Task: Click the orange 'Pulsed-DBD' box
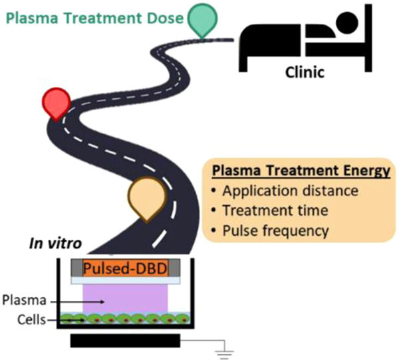click(125, 269)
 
